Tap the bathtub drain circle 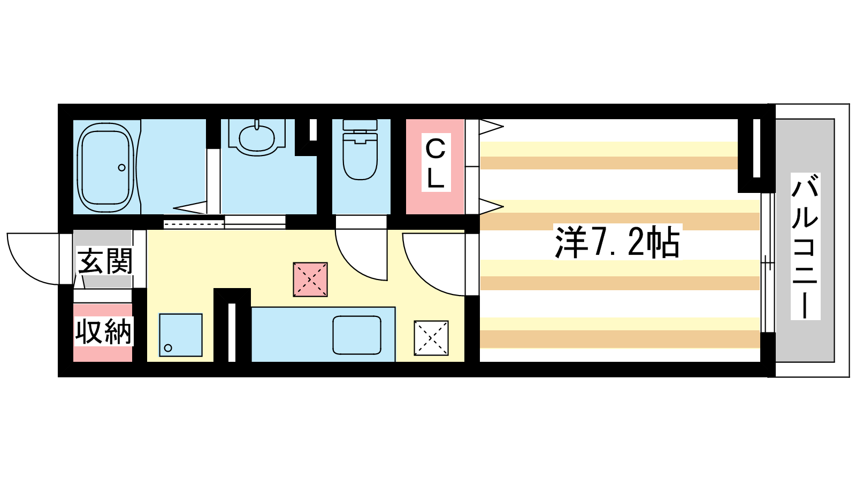pyautogui.click(x=122, y=168)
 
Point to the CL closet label pyautogui.click(x=435, y=162)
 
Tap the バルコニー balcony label pyautogui.click(x=805, y=246)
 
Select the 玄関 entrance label pyautogui.click(x=104, y=261)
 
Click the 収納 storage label pyautogui.click(x=104, y=331)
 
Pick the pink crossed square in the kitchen pyautogui.click(x=310, y=280)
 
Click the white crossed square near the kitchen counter pyautogui.click(x=431, y=338)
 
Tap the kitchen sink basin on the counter pyautogui.click(x=356, y=335)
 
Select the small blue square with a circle pyautogui.click(x=180, y=335)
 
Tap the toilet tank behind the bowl pyautogui.click(x=360, y=125)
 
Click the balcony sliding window pyautogui.click(x=767, y=263)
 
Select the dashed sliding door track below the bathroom pyautogui.click(x=194, y=224)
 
